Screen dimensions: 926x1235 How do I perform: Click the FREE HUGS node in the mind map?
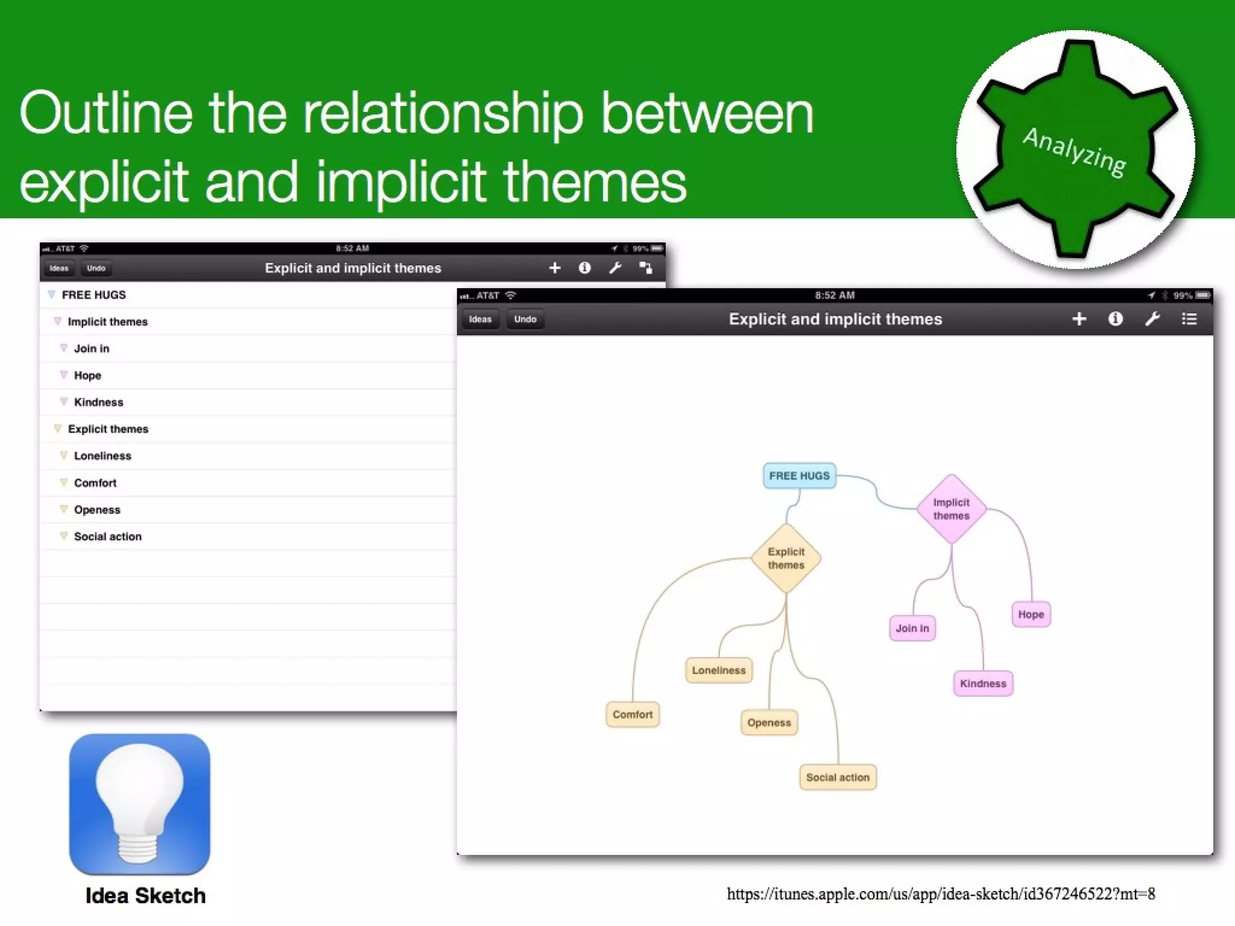pyautogui.click(x=799, y=476)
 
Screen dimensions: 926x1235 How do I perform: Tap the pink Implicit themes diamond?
pyautogui.click(x=951, y=509)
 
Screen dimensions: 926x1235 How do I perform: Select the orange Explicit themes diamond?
pyautogui.click(x=786, y=558)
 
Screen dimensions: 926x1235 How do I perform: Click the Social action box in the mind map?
pyautogui.click(x=838, y=777)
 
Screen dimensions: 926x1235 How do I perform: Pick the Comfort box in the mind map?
pyautogui.click(x=633, y=714)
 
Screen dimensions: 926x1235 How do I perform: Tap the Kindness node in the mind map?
pyautogui.click(x=983, y=684)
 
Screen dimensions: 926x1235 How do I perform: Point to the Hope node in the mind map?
pyautogui.click(x=1031, y=614)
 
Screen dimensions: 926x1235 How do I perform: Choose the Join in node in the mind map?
pyautogui.click(x=912, y=628)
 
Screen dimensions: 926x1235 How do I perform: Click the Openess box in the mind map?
pyautogui.click(x=769, y=722)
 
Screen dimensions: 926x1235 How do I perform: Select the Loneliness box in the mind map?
pyautogui.click(x=719, y=670)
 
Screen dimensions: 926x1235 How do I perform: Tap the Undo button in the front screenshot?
pyautogui.click(x=525, y=319)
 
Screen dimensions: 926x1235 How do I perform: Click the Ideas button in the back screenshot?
pyautogui.click(x=58, y=268)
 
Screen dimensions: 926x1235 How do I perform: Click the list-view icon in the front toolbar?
pyautogui.click(x=1189, y=319)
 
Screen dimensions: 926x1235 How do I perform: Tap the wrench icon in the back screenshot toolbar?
pyautogui.click(x=615, y=268)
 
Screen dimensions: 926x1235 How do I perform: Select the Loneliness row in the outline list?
pyautogui.click(x=103, y=456)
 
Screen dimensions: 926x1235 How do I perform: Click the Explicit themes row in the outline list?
pyautogui.click(x=108, y=429)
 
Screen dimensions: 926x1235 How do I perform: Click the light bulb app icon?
pyautogui.click(x=140, y=804)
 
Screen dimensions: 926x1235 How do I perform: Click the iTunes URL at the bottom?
pyautogui.click(x=941, y=893)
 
